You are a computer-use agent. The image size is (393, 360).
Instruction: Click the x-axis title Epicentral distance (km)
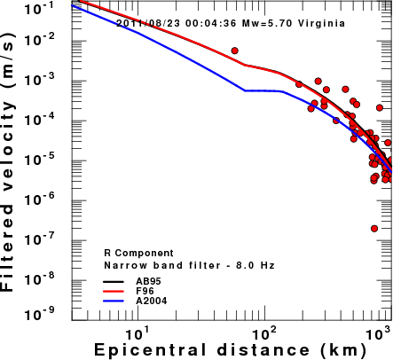coord(230,350)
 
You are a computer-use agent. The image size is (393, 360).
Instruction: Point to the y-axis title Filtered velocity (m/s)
coord(7,162)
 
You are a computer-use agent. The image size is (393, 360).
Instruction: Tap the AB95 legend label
coord(148,281)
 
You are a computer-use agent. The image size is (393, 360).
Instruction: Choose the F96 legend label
coord(145,291)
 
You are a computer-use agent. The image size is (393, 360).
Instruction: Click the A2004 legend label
coord(152,301)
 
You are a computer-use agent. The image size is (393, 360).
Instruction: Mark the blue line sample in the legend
coord(114,301)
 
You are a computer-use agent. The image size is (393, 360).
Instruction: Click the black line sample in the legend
coord(114,281)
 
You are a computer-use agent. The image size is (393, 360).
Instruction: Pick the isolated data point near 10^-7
coord(374,229)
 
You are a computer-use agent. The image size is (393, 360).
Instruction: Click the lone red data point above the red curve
coord(235,51)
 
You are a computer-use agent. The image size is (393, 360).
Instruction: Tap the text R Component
coord(138,254)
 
